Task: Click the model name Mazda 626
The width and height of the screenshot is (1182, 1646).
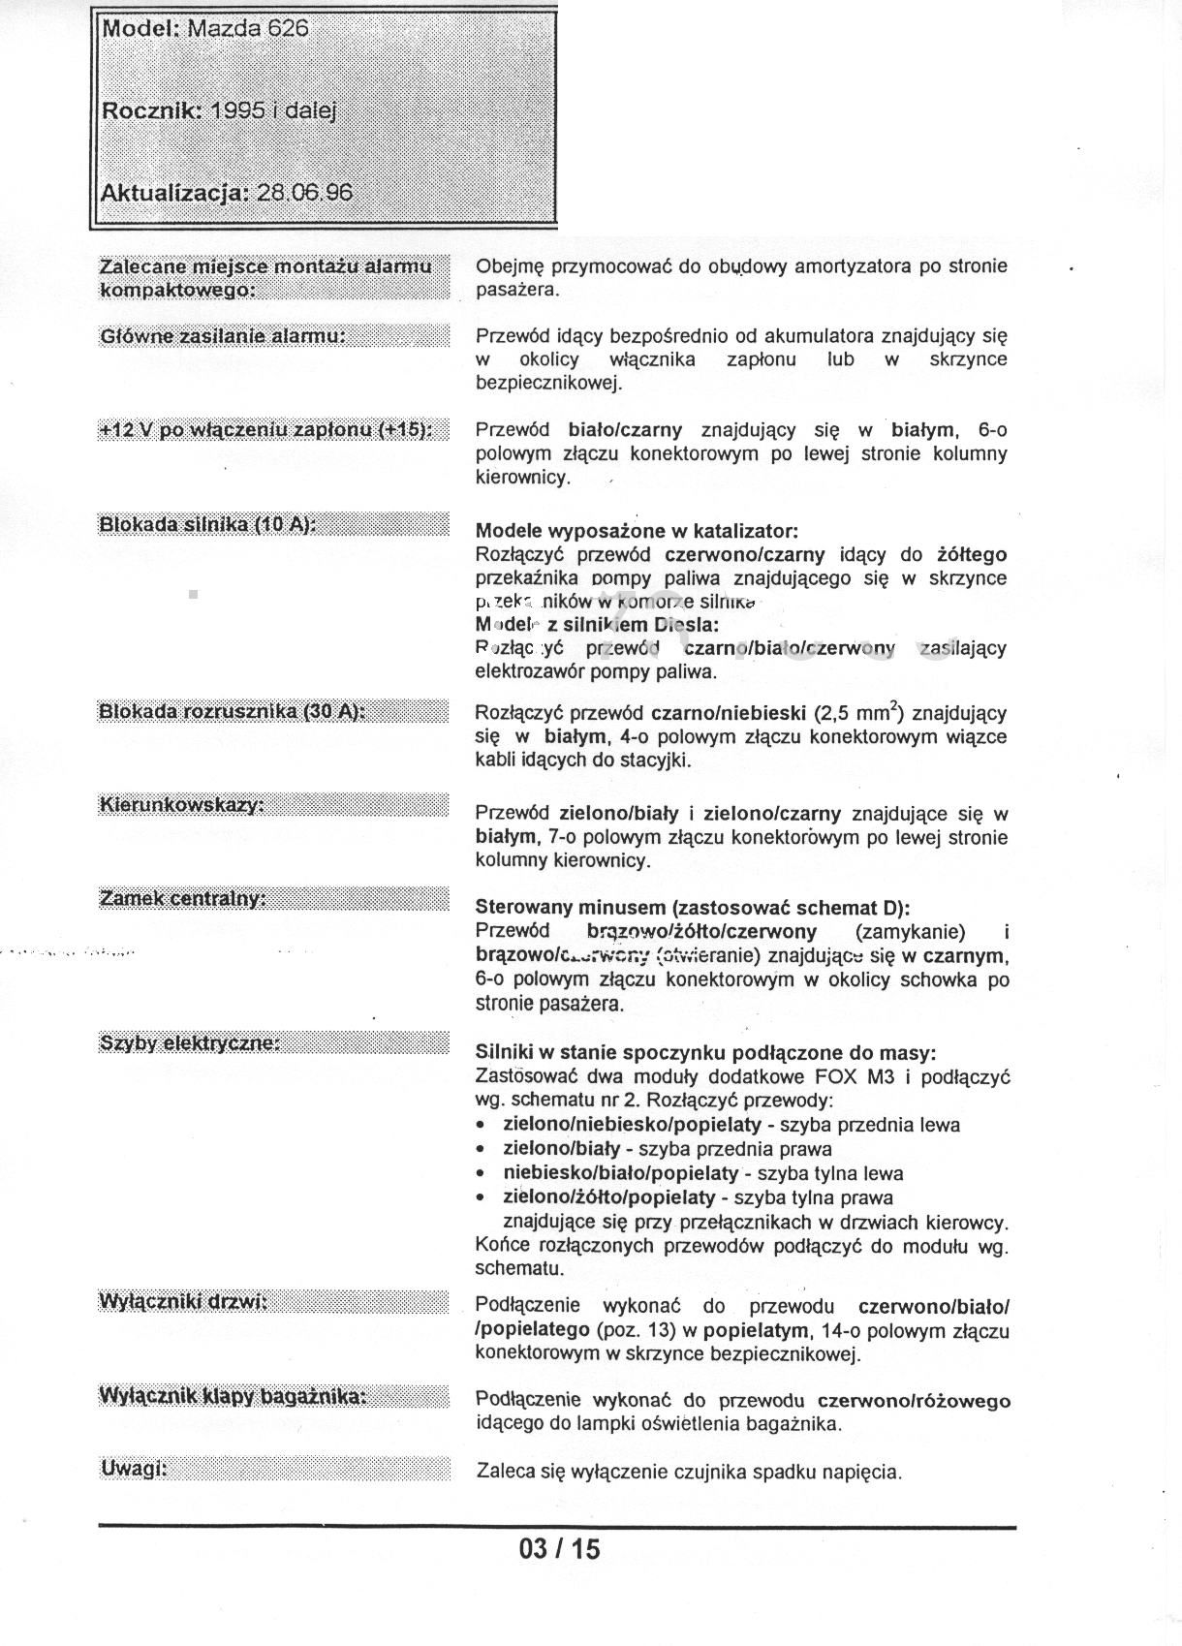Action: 247,28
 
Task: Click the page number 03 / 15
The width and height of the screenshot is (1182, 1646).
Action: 559,1549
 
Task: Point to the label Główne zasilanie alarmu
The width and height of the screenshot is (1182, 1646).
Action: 223,336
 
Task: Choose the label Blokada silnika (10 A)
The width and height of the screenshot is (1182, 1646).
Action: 207,524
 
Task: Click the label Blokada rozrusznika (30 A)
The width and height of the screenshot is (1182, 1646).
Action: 232,711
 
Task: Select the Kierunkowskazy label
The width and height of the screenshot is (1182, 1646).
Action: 182,805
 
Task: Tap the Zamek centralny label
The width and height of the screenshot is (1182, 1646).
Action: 183,899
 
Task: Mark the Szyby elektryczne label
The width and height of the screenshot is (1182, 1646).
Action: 190,1042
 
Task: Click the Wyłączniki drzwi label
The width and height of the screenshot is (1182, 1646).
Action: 183,1301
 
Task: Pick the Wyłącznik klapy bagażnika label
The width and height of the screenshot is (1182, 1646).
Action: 233,1395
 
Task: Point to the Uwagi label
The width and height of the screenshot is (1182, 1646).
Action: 134,1469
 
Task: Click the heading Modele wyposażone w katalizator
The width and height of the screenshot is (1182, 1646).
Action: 637,531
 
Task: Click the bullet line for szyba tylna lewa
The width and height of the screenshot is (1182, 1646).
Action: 702,1173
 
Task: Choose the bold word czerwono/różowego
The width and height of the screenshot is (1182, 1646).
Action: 914,1401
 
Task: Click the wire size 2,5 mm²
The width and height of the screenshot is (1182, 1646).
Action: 859,713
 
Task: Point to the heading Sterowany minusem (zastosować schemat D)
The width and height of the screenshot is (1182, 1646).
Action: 692,908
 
